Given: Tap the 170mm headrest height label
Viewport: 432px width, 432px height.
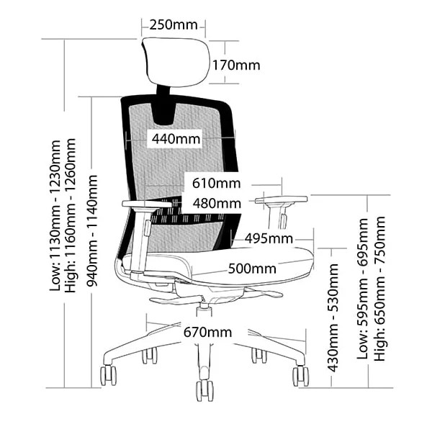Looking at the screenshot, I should pos(235,66).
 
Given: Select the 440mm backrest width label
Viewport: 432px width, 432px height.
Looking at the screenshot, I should pos(174,138).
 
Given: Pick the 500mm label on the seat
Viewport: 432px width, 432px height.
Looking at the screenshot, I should pos(252,269).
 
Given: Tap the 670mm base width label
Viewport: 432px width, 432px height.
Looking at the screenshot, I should pos(207,332).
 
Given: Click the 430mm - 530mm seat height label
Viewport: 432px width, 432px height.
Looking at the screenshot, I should pos(333,317).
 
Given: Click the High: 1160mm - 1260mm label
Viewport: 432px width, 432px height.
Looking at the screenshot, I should pos(71,216).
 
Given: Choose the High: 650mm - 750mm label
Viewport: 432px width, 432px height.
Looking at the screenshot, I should pos(379,288).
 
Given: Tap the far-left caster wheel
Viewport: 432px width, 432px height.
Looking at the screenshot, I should pos(108,375).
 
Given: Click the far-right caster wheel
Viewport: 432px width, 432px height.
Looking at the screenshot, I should pos(300,375).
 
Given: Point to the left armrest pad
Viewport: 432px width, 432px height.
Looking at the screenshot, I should pos(147,204).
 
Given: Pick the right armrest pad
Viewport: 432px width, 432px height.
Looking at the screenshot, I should pos(281,198).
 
